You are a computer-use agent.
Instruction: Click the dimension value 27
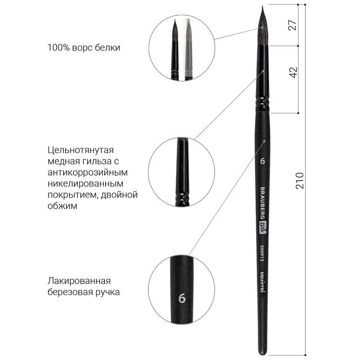(293, 25)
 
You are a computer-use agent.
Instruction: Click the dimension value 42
(293, 72)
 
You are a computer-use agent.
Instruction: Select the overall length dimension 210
(300, 180)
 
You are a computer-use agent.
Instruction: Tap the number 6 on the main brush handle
(263, 161)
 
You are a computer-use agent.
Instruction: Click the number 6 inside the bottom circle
(182, 299)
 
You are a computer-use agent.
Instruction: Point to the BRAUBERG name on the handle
(262, 203)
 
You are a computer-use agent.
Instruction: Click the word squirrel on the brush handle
(262, 282)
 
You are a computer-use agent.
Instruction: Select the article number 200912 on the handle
(262, 252)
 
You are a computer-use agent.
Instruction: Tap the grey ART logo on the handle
(262, 228)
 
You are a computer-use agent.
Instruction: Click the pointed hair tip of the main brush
(262, 6)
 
